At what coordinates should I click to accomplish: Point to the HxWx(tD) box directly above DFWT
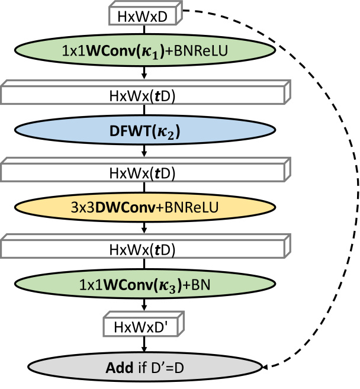(144, 94)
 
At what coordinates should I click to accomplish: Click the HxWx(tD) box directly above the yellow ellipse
(144, 172)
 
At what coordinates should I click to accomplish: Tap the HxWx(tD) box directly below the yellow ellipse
(144, 250)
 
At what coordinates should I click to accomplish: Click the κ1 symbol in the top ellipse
(178, 52)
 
